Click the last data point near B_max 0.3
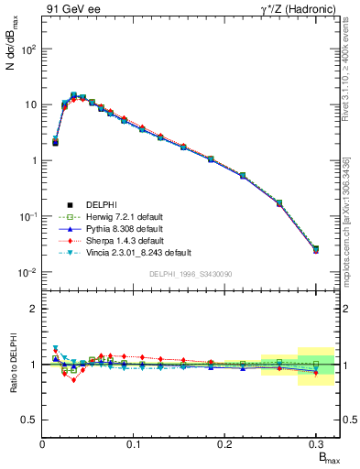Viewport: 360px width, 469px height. [x=316, y=249]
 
